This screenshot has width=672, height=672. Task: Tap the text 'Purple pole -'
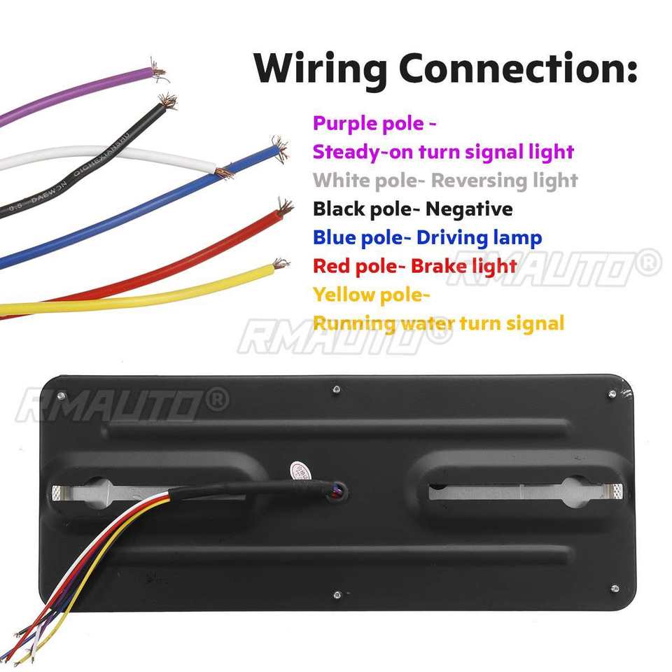pos(374,124)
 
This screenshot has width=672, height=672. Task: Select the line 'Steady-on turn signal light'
pos(443,152)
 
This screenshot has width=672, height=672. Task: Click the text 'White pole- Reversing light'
pos(445,181)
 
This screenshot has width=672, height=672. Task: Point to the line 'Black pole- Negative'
pos(412,209)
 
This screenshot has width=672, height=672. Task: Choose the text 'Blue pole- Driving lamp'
pos(427,237)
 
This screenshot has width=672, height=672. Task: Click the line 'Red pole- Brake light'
pos(414,266)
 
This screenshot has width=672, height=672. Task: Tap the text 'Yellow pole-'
pos(371,295)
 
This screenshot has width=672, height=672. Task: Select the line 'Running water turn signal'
pos(438,323)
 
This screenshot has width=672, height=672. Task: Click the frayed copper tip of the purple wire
pos(160,71)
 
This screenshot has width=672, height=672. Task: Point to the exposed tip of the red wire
pos(283,207)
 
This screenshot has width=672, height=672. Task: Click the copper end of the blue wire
pos(279,148)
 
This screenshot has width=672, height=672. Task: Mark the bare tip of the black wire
pos(167,102)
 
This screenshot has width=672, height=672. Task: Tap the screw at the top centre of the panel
pos(337,388)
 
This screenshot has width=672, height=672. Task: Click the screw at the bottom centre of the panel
pos(337,596)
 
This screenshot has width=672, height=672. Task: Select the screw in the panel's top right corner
pos(612,395)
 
